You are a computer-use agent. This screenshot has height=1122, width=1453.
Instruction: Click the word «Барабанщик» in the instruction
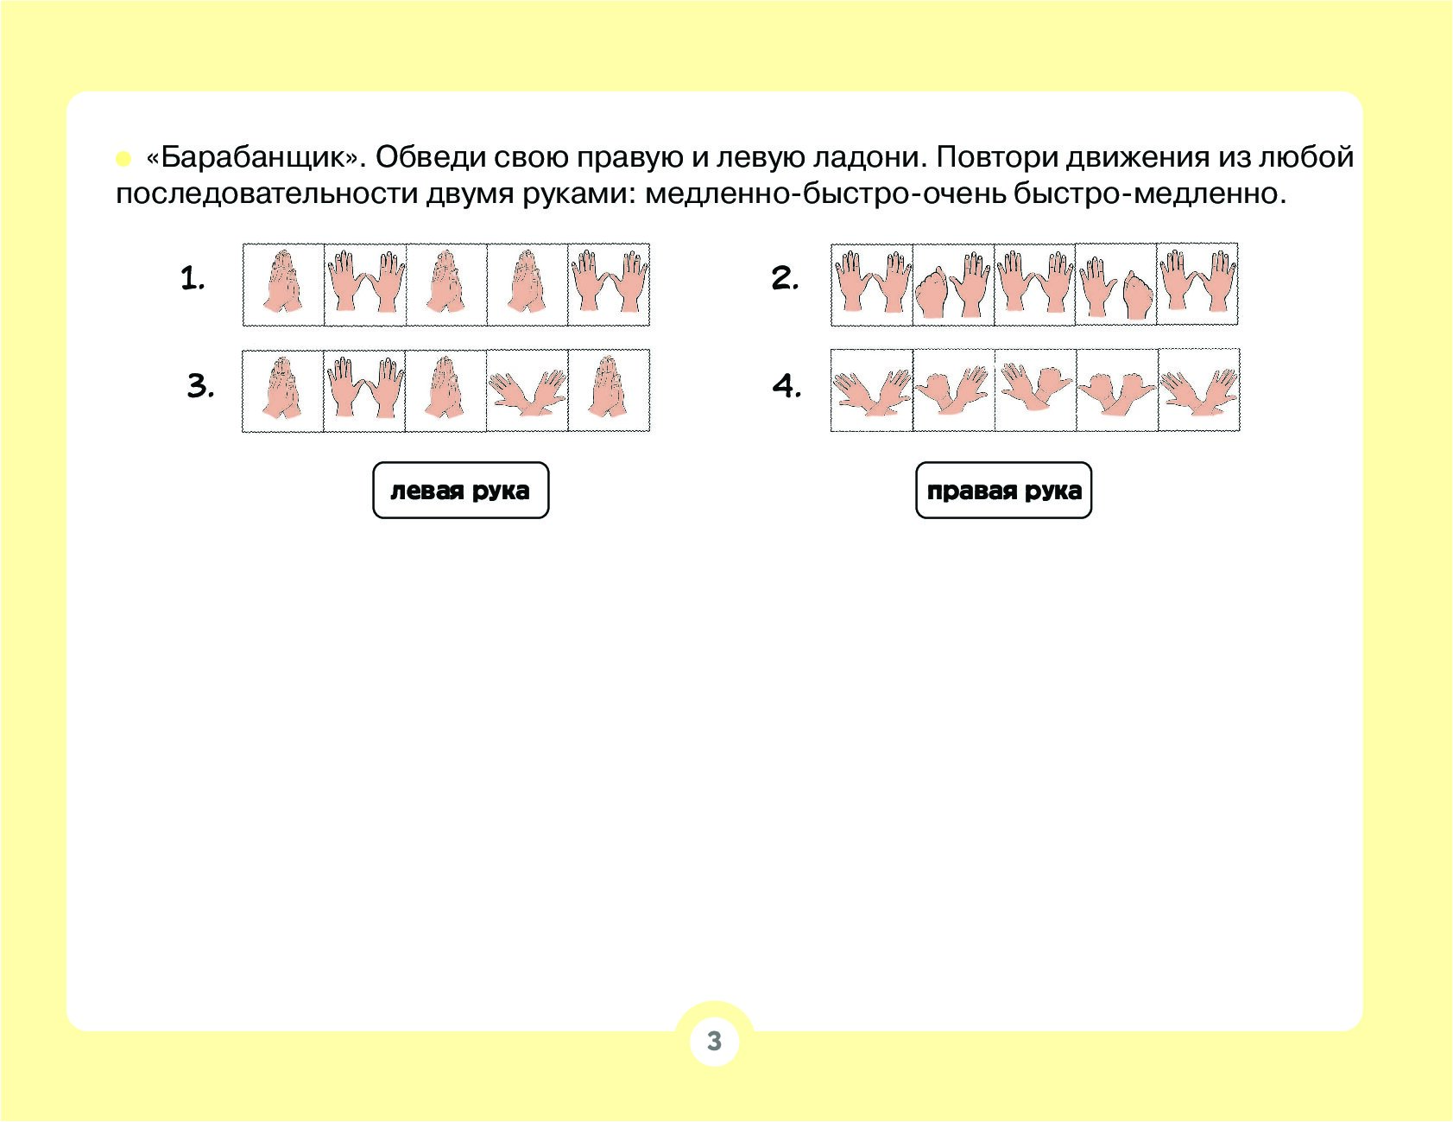[252, 158]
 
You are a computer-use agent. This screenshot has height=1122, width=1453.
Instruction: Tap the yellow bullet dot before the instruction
[123, 159]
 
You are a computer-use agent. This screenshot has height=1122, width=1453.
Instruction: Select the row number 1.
[193, 278]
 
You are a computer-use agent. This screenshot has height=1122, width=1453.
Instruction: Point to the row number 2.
[785, 278]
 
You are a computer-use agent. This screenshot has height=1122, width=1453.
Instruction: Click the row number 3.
[200, 384]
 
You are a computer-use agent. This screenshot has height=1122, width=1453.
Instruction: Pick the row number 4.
[787, 384]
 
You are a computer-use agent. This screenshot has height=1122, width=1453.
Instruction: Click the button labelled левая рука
[460, 491]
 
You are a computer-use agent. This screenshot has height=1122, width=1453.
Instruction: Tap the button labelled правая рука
[1003, 491]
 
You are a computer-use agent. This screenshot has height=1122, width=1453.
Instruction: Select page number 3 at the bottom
[714, 1041]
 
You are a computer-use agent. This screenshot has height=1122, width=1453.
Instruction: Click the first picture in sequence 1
[283, 284]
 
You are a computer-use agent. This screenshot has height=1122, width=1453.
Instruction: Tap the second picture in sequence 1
[365, 284]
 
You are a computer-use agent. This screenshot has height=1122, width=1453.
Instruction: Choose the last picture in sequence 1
[609, 284]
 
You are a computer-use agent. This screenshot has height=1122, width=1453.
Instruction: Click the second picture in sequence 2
[953, 284]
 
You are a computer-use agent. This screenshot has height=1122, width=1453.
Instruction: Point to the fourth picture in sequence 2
[1115, 284]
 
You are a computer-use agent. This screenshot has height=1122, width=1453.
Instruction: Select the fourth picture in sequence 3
[528, 390]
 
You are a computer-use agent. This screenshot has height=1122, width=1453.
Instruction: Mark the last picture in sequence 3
[609, 390]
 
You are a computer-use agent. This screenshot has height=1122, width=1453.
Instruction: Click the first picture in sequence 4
[872, 390]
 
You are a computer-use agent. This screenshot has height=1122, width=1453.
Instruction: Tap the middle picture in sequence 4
[1035, 390]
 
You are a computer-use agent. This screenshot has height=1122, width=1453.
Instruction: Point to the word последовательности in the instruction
[266, 194]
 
